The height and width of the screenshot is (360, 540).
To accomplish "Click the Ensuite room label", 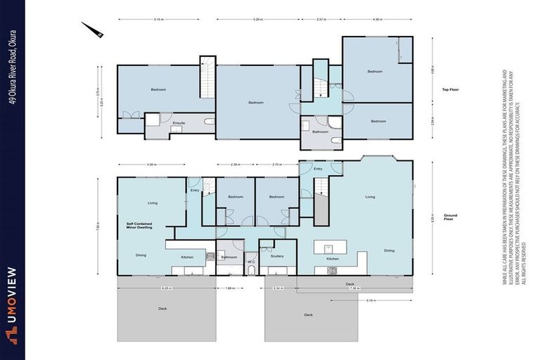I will pos(179,122).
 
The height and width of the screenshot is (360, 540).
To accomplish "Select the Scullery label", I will pos(276,257).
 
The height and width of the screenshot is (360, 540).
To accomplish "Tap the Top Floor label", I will pos(450,90).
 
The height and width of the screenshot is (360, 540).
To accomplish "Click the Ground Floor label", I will pos(450,217).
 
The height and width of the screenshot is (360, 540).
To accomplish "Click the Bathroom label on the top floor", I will pos(321,131).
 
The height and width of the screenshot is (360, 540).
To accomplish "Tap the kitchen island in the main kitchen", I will pos(330,246).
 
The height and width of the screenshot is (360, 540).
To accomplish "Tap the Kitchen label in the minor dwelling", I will pos(187,257).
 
